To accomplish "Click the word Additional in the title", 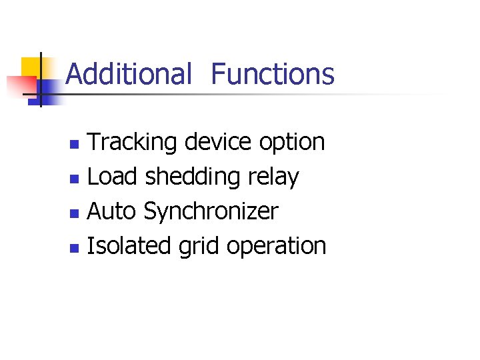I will point(129,74).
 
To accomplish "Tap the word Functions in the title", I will point(273,74).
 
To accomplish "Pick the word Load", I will point(112,177).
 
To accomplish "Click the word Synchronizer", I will point(211,212).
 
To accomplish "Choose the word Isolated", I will point(129,246).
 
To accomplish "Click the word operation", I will point(276,247).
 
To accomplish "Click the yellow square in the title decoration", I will point(30,67).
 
